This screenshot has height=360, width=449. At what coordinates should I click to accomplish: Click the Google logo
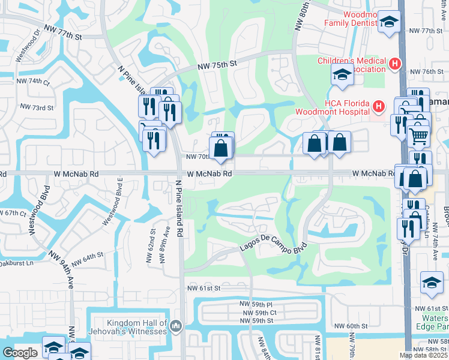20,353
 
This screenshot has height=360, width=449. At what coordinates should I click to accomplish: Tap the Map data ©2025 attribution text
424,355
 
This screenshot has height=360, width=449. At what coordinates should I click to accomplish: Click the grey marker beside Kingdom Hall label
175,326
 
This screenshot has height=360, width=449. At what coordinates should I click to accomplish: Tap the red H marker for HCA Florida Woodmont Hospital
378,107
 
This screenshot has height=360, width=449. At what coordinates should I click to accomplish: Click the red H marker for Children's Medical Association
394,64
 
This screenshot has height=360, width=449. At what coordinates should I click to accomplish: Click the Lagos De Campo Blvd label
274,249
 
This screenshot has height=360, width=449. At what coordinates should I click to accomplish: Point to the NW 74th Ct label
33,81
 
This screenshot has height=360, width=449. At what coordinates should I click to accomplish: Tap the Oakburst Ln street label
16,263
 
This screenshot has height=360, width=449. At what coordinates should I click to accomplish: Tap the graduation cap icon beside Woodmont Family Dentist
389,23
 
